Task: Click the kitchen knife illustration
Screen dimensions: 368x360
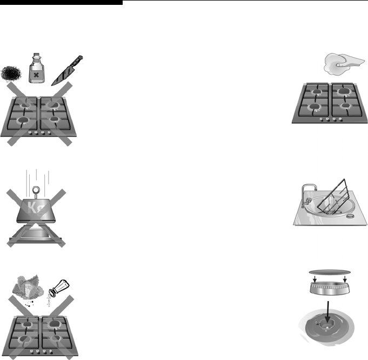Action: click(67, 70)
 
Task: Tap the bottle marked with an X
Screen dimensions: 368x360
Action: click(36, 68)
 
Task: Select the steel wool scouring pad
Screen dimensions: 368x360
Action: click(11, 74)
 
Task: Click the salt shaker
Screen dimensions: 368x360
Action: click(59, 287)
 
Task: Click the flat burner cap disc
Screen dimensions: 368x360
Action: click(330, 272)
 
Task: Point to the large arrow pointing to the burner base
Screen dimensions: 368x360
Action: click(328, 312)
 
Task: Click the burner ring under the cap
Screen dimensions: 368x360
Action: click(330, 288)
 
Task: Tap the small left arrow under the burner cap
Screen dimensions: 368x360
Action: click(315, 279)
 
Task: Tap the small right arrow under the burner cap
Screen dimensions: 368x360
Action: click(345, 279)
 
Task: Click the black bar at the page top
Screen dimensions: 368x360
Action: click(61, 2)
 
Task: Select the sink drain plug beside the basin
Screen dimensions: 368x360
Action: click(350, 216)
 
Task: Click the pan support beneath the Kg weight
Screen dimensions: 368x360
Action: click(35, 234)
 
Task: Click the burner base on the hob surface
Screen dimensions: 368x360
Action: click(327, 327)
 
